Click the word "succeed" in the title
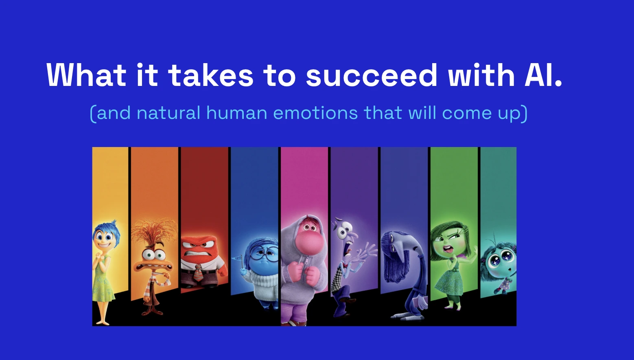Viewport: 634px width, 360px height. pyautogui.click(x=371, y=76)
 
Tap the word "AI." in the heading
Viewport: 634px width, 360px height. pyautogui.click(x=543, y=76)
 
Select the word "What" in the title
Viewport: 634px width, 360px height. pyautogui.click(x=86, y=76)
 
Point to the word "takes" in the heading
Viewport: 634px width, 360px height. pyautogui.click(x=211, y=76)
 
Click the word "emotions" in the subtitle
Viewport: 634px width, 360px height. pyautogui.click(x=315, y=113)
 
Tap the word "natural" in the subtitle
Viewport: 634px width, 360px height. pyautogui.click(x=168, y=113)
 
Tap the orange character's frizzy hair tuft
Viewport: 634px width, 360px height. pyautogui.click(x=154, y=232)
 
